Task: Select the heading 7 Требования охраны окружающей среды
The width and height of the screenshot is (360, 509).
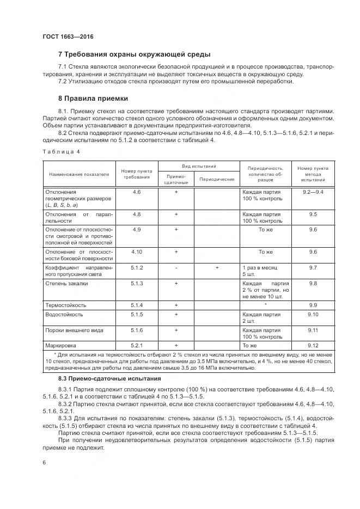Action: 134,54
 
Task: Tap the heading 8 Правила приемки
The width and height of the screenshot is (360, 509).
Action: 93,99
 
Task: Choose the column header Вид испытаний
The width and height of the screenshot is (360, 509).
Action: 199,165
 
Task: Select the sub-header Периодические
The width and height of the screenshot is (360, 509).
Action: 217,179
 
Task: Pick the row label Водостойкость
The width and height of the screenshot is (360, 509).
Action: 64,315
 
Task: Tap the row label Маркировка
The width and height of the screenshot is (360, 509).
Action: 61,345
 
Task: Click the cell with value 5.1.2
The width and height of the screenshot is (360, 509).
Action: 137,268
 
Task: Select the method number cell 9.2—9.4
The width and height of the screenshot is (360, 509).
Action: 313,192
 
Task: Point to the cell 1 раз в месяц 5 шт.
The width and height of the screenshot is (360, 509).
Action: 259,271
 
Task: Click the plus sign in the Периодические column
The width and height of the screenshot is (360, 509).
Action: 217,268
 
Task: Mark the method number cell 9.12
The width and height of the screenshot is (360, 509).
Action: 313,345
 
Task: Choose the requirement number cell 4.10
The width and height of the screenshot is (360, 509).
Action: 137,252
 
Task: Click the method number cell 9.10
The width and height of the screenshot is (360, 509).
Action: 313,315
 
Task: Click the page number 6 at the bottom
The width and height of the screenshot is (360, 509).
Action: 44,462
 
